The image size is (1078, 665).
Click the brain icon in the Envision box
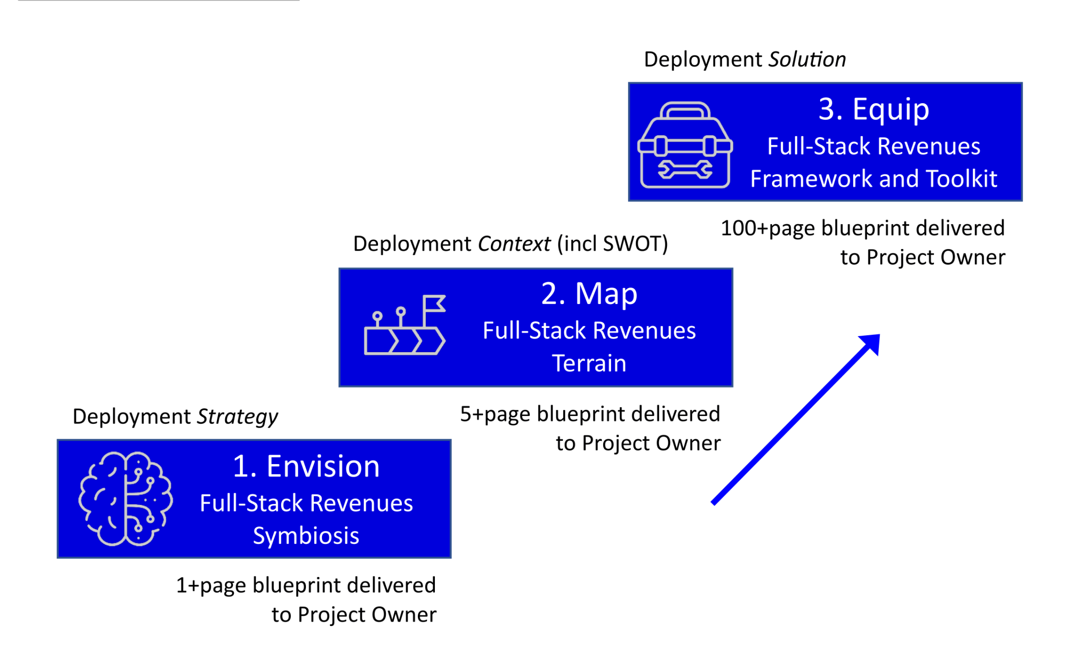click(126, 499)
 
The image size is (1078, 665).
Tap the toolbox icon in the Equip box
click(685, 144)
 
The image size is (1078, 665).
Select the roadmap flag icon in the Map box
click(405, 325)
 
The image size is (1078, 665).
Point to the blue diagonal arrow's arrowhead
click(871, 342)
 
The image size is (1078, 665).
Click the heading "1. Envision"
click(306, 466)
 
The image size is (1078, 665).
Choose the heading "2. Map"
click(589, 293)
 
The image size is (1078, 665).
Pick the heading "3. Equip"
click(874, 108)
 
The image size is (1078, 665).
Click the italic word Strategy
click(237, 416)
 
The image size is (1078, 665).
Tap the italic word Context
click(514, 244)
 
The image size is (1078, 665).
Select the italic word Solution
click(807, 59)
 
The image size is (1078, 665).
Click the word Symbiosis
click(306, 536)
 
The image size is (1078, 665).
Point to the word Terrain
click(589, 363)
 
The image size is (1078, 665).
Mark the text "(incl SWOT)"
click(612, 244)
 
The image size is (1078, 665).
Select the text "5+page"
click(495, 414)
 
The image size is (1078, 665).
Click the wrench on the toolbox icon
click(685, 169)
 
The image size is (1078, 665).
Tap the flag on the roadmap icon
click(434, 304)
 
